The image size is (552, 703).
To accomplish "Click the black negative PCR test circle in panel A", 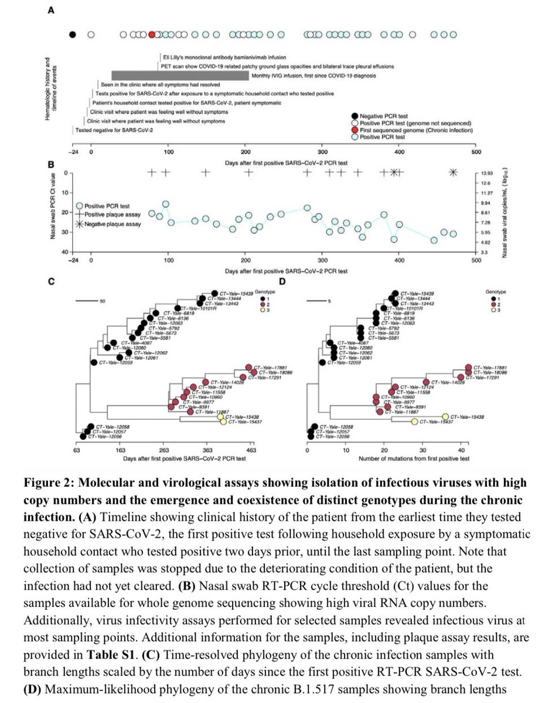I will pyautogui.click(x=72, y=35).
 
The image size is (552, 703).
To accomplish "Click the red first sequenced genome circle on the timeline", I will pyautogui.click(x=152, y=35).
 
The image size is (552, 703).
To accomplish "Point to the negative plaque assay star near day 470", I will pyautogui.click(x=453, y=172).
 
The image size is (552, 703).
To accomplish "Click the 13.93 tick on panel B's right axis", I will pyautogui.click(x=490, y=173).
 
